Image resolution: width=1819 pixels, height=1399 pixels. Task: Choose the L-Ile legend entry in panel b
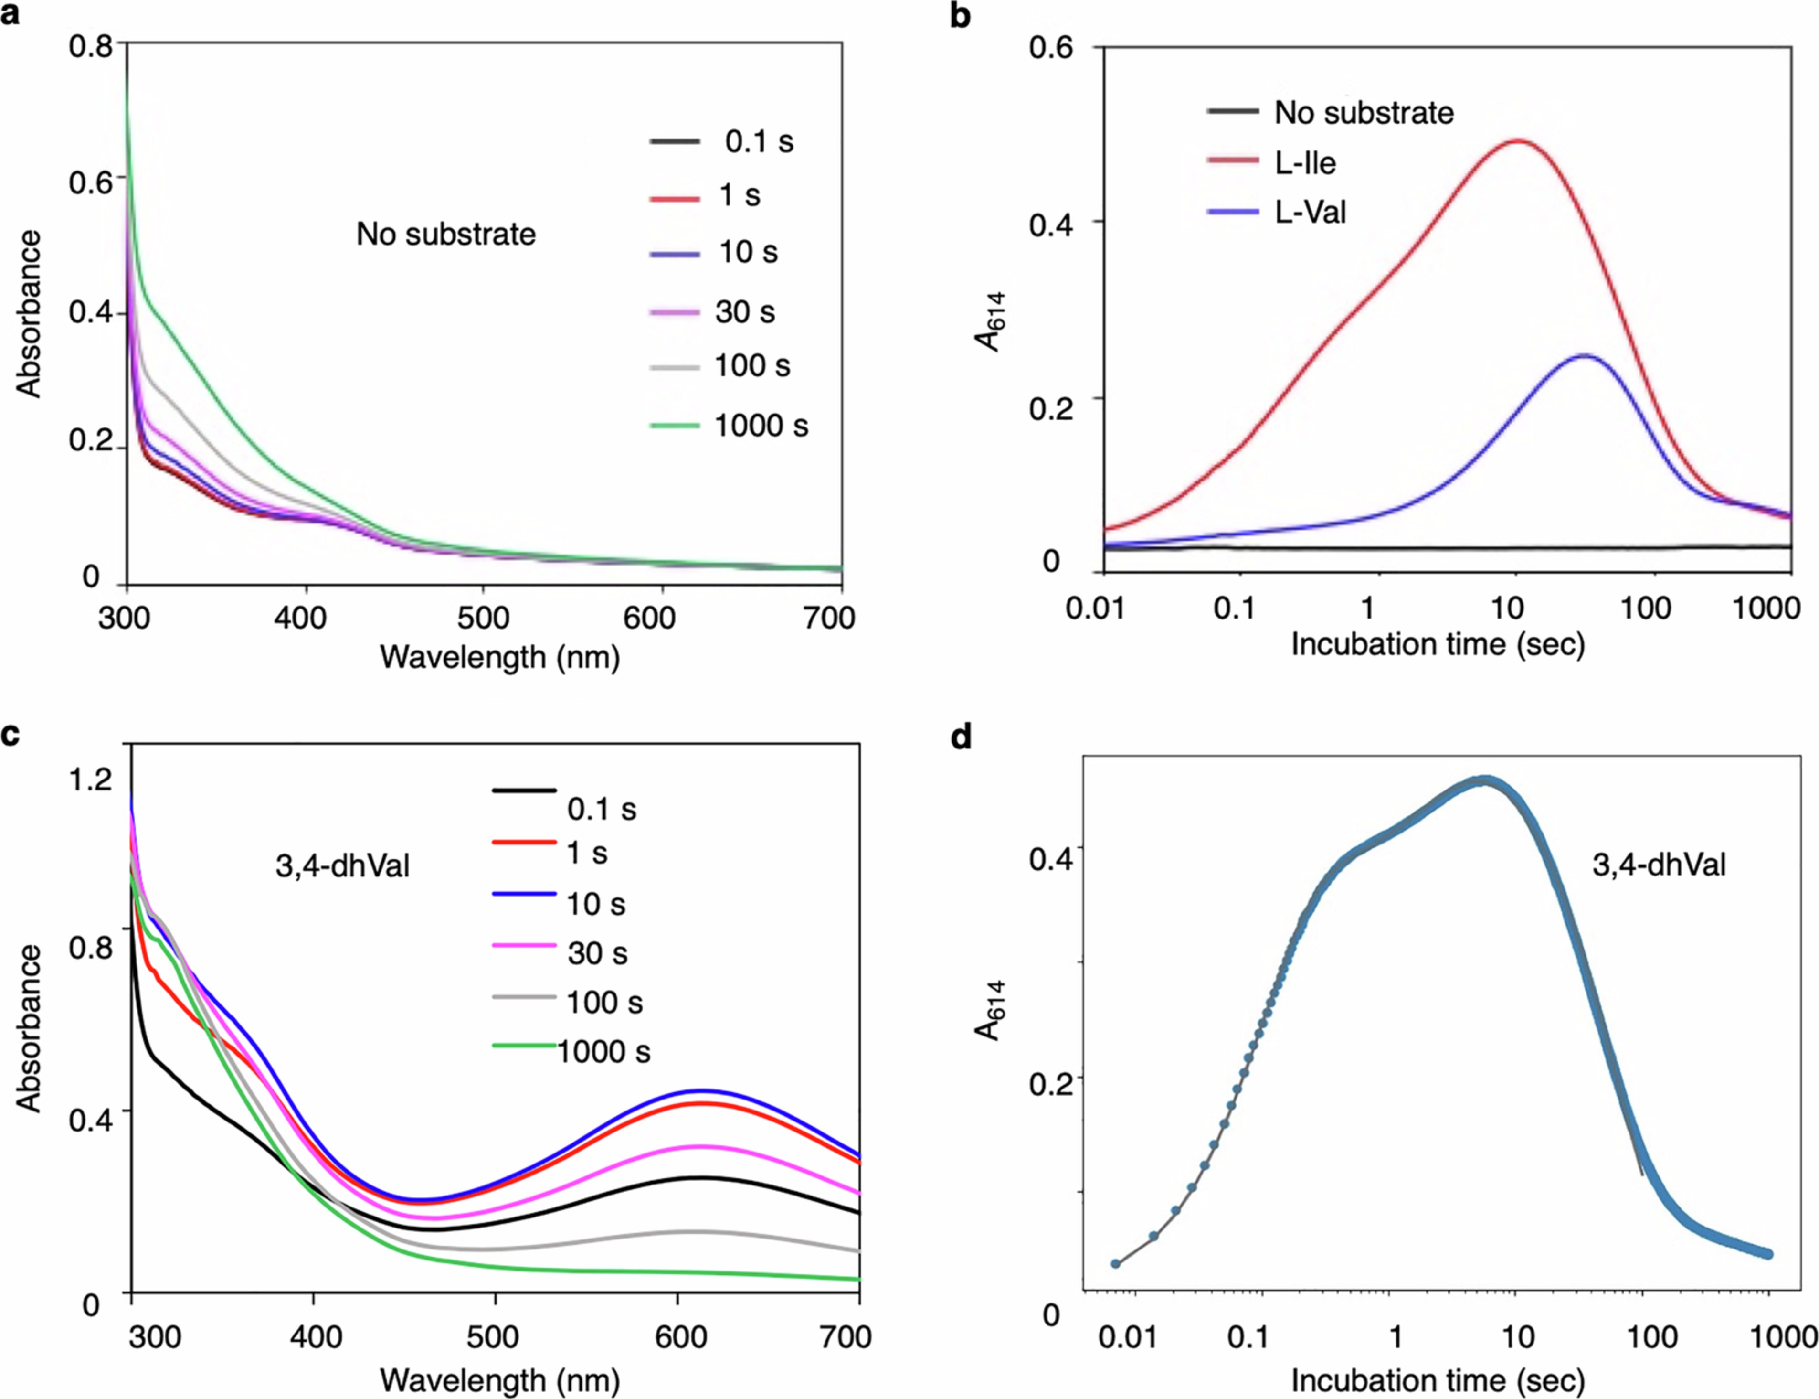(1304, 162)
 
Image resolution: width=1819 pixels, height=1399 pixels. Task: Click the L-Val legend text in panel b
(1311, 213)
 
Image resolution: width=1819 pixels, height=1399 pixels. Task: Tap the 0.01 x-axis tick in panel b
(1096, 608)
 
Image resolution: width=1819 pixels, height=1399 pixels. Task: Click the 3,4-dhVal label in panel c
(342, 866)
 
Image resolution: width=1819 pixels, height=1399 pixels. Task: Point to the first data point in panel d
(1116, 1263)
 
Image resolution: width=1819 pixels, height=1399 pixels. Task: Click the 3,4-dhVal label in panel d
(1658, 865)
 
